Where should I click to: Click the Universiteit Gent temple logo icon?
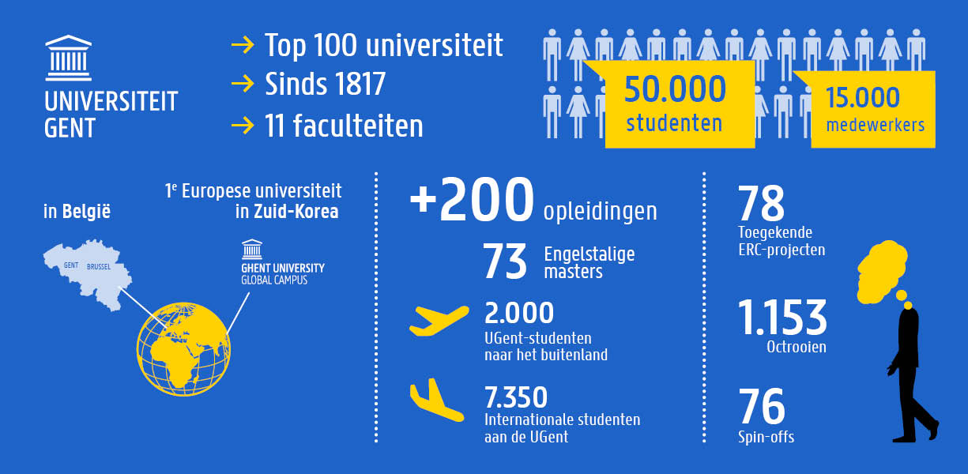[x=69, y=58]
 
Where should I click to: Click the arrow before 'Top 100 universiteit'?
[x=242, y=46]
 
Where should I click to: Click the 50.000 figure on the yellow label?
[x=675, y=88]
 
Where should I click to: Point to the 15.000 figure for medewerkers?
[x=862, y=97]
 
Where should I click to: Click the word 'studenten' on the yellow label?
[x=674, y=123]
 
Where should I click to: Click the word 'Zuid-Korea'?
[x=296, y=212]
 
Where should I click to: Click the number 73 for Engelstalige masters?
[x=505, y=263]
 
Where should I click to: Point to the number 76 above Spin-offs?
[x=762, y=407]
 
